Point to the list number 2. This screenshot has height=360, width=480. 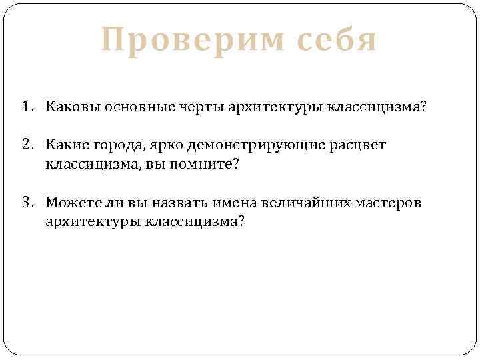pos(25,145)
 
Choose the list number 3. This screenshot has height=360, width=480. pos(25,202)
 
